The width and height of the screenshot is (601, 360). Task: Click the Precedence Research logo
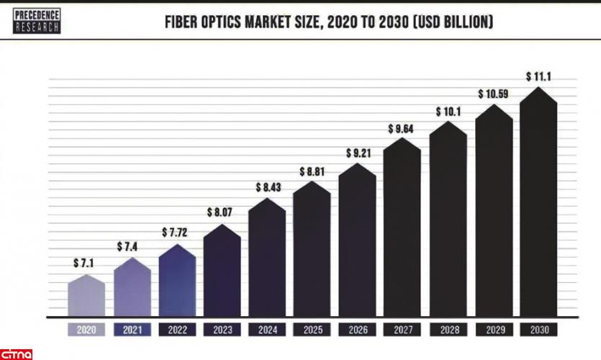[x=37, y=21]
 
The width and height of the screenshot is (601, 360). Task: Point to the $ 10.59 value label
[x=494, y=94]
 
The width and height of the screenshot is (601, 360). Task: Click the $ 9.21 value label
[x=358, y=153]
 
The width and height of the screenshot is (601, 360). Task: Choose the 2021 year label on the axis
[x=132, y=330]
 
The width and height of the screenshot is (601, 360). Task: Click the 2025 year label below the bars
[x=312, y=330]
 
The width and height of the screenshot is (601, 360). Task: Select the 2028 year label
[x=448, y=330]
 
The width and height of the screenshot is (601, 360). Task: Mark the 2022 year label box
[x=177, y=330]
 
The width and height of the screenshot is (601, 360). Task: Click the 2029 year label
[x=493, y=330]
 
